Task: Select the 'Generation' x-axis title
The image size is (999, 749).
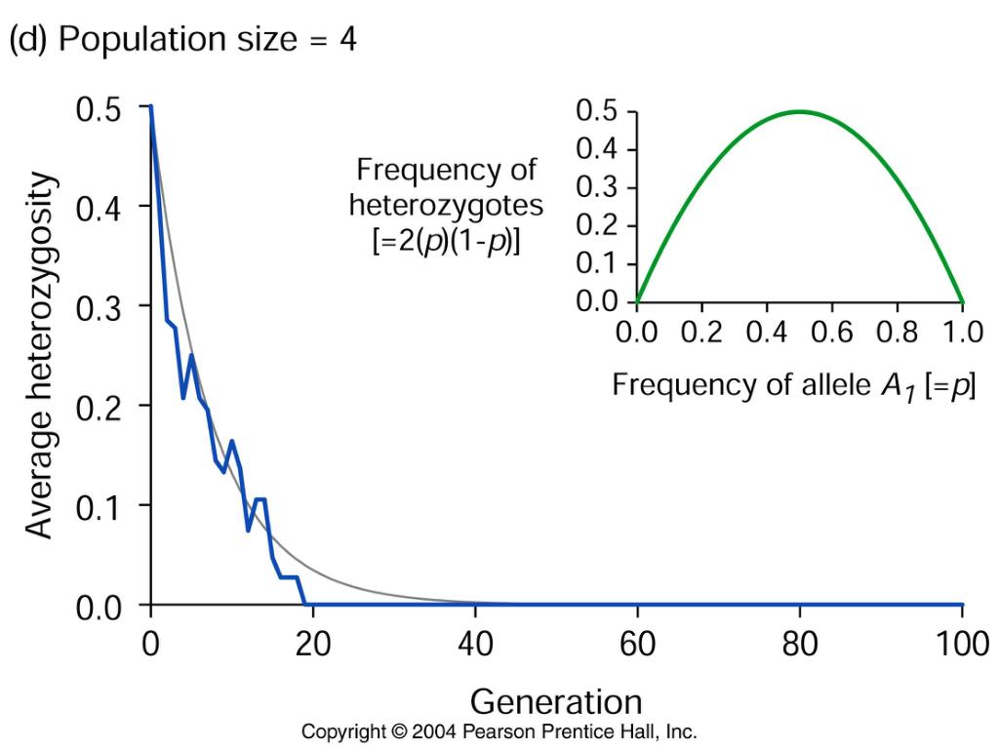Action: click(556, 701)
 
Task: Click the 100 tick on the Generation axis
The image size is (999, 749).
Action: click(962, 645)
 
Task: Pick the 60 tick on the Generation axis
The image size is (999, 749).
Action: click(637, 645)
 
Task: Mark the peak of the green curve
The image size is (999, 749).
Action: click(799, 111)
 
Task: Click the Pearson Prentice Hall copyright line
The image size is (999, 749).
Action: click(499, 731)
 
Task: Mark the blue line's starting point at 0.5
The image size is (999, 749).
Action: click(150, 106)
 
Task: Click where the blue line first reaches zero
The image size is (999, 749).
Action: click(304, 605)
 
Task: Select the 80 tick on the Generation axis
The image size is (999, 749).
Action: click(800, 645)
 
